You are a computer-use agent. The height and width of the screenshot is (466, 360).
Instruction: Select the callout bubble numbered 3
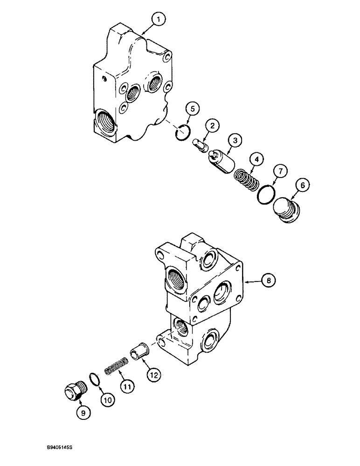(235, 140)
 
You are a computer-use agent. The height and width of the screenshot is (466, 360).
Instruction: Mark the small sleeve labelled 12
(142, 350)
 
